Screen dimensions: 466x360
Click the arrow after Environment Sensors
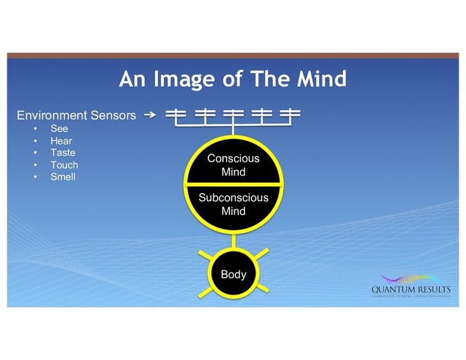coord(149,115)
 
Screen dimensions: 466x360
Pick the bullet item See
coord(59,128)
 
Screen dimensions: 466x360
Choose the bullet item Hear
coord(61,141)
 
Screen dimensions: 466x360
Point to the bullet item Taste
coord(63,152)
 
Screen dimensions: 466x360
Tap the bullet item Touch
coord(64,165)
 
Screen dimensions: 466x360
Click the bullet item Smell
coord(63,176)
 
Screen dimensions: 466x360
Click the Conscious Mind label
coord(233,165)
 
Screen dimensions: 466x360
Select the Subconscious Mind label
coord(233,204)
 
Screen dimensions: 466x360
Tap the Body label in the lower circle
coord(233,275)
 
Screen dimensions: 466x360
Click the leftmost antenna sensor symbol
coord(175,114)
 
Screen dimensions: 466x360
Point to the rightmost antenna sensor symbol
coord(291,114)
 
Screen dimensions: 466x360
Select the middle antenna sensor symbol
coord(233,114)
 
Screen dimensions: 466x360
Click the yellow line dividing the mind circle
coord(233,184)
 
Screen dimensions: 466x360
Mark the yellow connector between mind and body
coord(233,240)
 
